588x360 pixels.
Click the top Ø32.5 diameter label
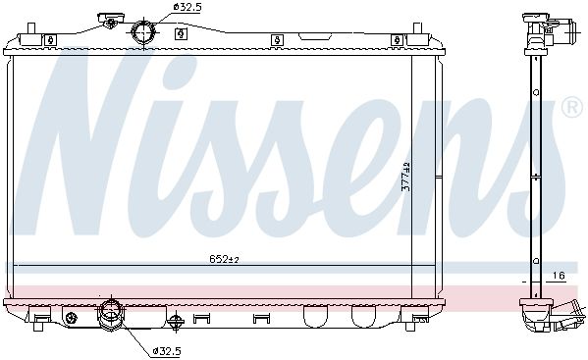pos(187,7)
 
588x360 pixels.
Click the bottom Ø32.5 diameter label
pos(167,351)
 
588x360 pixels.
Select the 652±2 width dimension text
pos(224,259)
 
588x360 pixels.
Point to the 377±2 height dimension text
pos(406,177)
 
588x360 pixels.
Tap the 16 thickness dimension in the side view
pos(559,276)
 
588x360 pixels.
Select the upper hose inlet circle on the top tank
pos(143,32)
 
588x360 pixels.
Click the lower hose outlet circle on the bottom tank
pos(111,312)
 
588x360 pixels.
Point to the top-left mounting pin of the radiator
pos(31,28)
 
